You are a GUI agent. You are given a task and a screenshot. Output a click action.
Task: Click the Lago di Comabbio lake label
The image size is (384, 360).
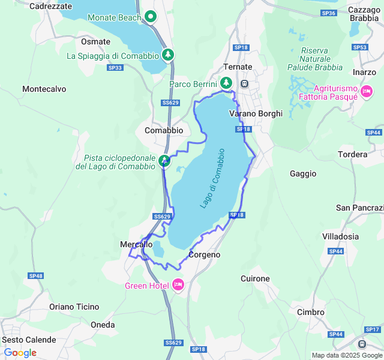212,178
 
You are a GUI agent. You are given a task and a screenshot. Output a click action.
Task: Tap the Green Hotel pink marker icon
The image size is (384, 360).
178,284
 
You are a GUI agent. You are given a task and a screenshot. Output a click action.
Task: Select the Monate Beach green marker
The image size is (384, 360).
151,17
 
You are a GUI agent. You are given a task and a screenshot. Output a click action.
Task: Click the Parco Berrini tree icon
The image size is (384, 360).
226,83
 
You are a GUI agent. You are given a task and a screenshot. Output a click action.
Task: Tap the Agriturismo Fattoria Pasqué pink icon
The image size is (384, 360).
366,91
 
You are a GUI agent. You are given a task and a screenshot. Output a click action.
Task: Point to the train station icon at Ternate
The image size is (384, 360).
245,83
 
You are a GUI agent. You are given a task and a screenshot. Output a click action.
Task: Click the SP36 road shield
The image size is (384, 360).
328,13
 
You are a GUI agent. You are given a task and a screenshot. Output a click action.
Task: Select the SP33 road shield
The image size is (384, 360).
115,68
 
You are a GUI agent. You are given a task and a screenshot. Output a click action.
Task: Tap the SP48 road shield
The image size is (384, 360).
35,275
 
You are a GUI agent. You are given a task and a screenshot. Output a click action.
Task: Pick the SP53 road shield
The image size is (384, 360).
359,47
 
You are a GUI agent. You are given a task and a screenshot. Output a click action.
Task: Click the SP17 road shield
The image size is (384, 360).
373,329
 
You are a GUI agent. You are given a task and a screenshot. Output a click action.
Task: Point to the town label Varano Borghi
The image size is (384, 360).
256,113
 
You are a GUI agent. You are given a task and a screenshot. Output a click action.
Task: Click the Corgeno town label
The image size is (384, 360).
204,254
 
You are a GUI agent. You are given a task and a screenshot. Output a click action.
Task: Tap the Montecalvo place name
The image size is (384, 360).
44,89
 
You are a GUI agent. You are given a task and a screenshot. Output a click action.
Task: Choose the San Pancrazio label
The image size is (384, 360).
359,208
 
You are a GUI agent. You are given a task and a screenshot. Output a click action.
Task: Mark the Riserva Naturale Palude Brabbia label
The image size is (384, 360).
314,59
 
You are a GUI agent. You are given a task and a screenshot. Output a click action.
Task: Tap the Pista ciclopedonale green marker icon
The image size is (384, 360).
164,160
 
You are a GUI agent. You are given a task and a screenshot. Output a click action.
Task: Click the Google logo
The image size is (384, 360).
20,353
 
